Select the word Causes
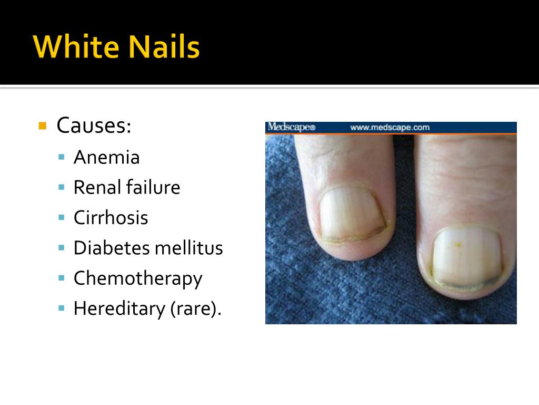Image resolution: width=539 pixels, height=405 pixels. [x=93, y=126]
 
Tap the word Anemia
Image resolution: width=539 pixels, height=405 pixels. [x=106, y=157]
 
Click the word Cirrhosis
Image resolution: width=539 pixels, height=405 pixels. [x=111, y=218]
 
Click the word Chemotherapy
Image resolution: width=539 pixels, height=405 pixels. [x=137, y=278]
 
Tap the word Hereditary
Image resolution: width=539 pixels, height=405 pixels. [x=119, y=308]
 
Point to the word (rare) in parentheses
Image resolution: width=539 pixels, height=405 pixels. [x=195, y=308]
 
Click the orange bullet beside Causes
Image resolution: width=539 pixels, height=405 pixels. [x=43, y=126]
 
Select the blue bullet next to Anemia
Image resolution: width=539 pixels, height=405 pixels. [x=62, y=157]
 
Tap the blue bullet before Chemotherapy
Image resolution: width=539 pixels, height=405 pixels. [x=62, y=278]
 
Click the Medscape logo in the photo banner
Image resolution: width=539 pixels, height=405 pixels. [x=291, y=127]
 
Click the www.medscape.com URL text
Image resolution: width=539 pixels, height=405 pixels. [x=390, y=127]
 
